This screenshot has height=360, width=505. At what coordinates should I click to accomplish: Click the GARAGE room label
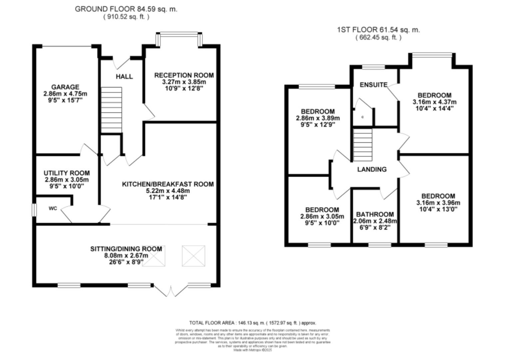tap(65, 87)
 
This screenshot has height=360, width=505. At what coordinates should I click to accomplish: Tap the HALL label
tap(124, 77)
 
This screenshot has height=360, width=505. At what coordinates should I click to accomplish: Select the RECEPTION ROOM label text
tap(184, 75)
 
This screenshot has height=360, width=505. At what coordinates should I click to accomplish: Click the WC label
tap(53, 208)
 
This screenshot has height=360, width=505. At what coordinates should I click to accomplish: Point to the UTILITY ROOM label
tap(67, 173)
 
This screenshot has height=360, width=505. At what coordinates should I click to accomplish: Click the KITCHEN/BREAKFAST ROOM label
tap(168, 184)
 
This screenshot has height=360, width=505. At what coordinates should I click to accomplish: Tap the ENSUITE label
tap(373, 85)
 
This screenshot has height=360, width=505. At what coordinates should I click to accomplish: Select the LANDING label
tap(372, 169)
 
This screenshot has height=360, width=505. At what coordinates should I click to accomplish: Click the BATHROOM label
tap(375, 214)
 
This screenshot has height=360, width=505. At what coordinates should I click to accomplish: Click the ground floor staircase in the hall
tap(111, 110)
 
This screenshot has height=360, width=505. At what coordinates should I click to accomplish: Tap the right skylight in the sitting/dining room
tap(193, 256)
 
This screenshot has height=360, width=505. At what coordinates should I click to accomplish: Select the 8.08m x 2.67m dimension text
tap(126, 256)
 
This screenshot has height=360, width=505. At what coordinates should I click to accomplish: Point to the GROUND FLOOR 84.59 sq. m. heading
tap(126, 9)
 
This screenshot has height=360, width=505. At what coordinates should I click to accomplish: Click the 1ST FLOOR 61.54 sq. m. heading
tap(378, 30)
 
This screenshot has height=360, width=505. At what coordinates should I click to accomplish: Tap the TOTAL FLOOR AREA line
tap(252, 323)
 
